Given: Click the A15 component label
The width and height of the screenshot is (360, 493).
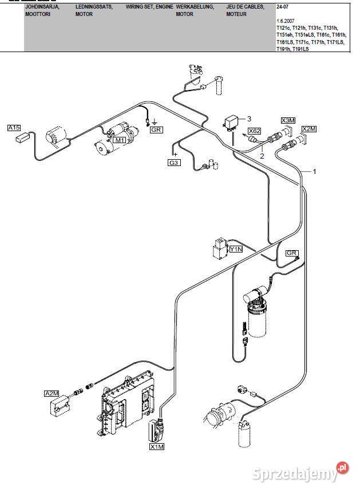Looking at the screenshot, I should coord(14,128).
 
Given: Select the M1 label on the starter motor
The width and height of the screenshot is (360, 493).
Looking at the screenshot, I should coord(120,140).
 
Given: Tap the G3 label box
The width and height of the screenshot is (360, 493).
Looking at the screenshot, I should coord(174,163).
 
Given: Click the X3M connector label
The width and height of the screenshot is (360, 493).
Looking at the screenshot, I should coord(288,120).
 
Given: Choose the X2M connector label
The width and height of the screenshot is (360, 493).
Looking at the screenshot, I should coord(308,128).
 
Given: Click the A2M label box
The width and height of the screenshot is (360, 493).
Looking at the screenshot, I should coord(52,393).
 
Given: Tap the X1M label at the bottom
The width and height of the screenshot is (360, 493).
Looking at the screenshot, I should coord(156,447).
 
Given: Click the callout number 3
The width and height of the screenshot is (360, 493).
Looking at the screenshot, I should coord(249,119).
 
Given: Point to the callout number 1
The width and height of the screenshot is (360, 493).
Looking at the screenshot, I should coord(314,171).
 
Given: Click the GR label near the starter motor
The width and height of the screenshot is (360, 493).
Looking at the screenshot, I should coord(156,130).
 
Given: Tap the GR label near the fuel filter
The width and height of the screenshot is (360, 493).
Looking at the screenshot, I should coord(292,253).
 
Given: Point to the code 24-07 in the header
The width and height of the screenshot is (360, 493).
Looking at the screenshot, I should coord(282,6).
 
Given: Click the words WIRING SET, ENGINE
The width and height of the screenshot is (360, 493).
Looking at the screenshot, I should coord(149,6).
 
